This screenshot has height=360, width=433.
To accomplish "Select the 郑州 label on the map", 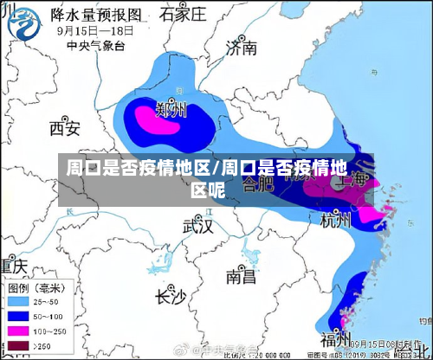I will [x=171, y=110].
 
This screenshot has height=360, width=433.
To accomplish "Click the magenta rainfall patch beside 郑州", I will [x=156, y=121].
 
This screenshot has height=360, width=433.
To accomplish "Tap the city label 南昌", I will [x=241, y=276].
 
